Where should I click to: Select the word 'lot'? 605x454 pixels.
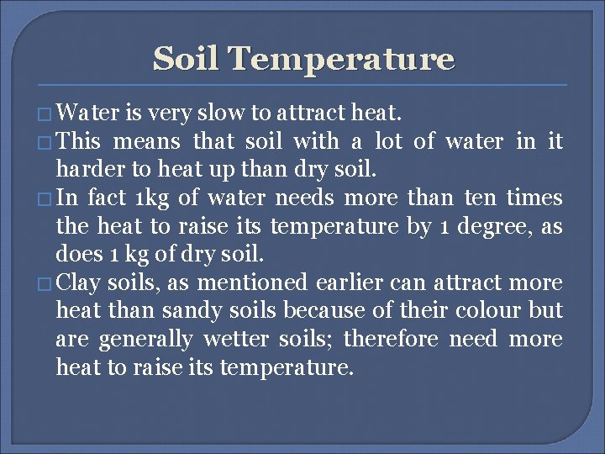click(388, 140)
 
